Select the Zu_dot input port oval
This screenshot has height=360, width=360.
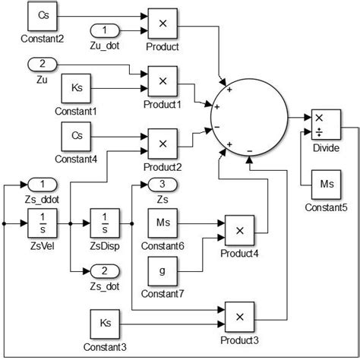pyautogui.click(x=104, y=30)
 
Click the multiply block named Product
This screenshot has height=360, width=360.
pyautogui.click(x=162, y=24)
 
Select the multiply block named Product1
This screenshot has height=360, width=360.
pyautogui.click(x=162, y=81)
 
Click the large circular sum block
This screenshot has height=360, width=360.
pyautogui.click(x=248, y=119)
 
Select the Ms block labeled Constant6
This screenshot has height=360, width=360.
pyautogui.click(x=162, y=223)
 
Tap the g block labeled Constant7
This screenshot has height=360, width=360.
pyautogui.click(x=162, y=270)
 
